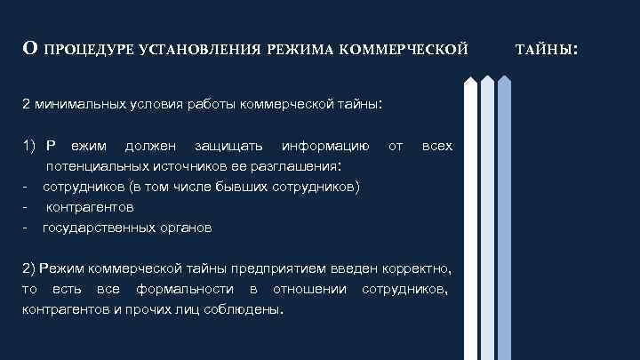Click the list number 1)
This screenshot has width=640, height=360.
28,145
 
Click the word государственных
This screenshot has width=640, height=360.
92,228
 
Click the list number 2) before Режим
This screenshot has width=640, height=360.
28,268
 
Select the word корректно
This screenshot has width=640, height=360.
417,268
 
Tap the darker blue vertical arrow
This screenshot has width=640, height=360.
504,218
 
